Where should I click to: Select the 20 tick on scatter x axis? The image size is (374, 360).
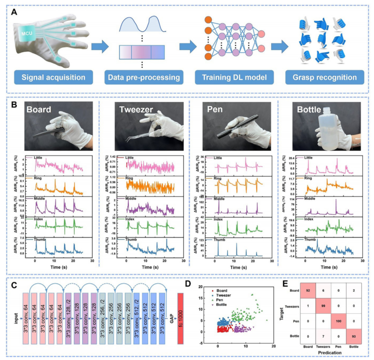(274, 346)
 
